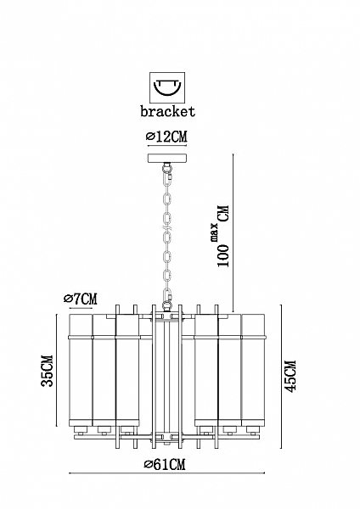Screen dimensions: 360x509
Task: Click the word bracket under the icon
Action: (167, 111)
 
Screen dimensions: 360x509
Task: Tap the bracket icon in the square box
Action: (167, 87)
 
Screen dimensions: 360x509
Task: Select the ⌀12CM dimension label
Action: (167, 137)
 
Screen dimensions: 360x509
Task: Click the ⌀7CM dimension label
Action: (81, 299)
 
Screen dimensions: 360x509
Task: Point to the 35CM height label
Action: (47, 371)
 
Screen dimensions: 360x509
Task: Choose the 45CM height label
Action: (290, 376)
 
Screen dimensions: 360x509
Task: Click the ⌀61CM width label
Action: (165, 465)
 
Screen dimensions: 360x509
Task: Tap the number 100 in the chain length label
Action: (223, 256)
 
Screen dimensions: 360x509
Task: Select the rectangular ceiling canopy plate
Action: (167, 159)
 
